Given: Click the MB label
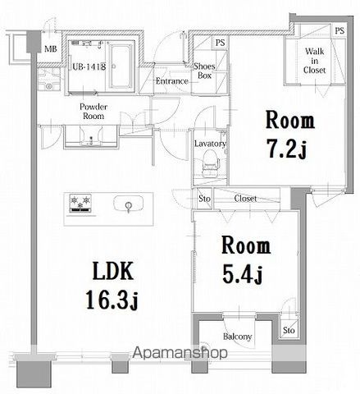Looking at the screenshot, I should (51, 49).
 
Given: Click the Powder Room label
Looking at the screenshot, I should (94, 112).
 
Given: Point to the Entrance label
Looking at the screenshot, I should (171, 80).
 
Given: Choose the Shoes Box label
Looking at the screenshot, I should (204, 71).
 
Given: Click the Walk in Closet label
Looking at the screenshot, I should (316, 61).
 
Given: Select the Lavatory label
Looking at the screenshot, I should (209, 144).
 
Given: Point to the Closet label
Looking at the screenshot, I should (245, 199).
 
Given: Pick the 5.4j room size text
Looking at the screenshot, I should (245, 272).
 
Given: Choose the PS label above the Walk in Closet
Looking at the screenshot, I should (339, 30).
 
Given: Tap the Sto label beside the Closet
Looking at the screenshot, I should (203, 199).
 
